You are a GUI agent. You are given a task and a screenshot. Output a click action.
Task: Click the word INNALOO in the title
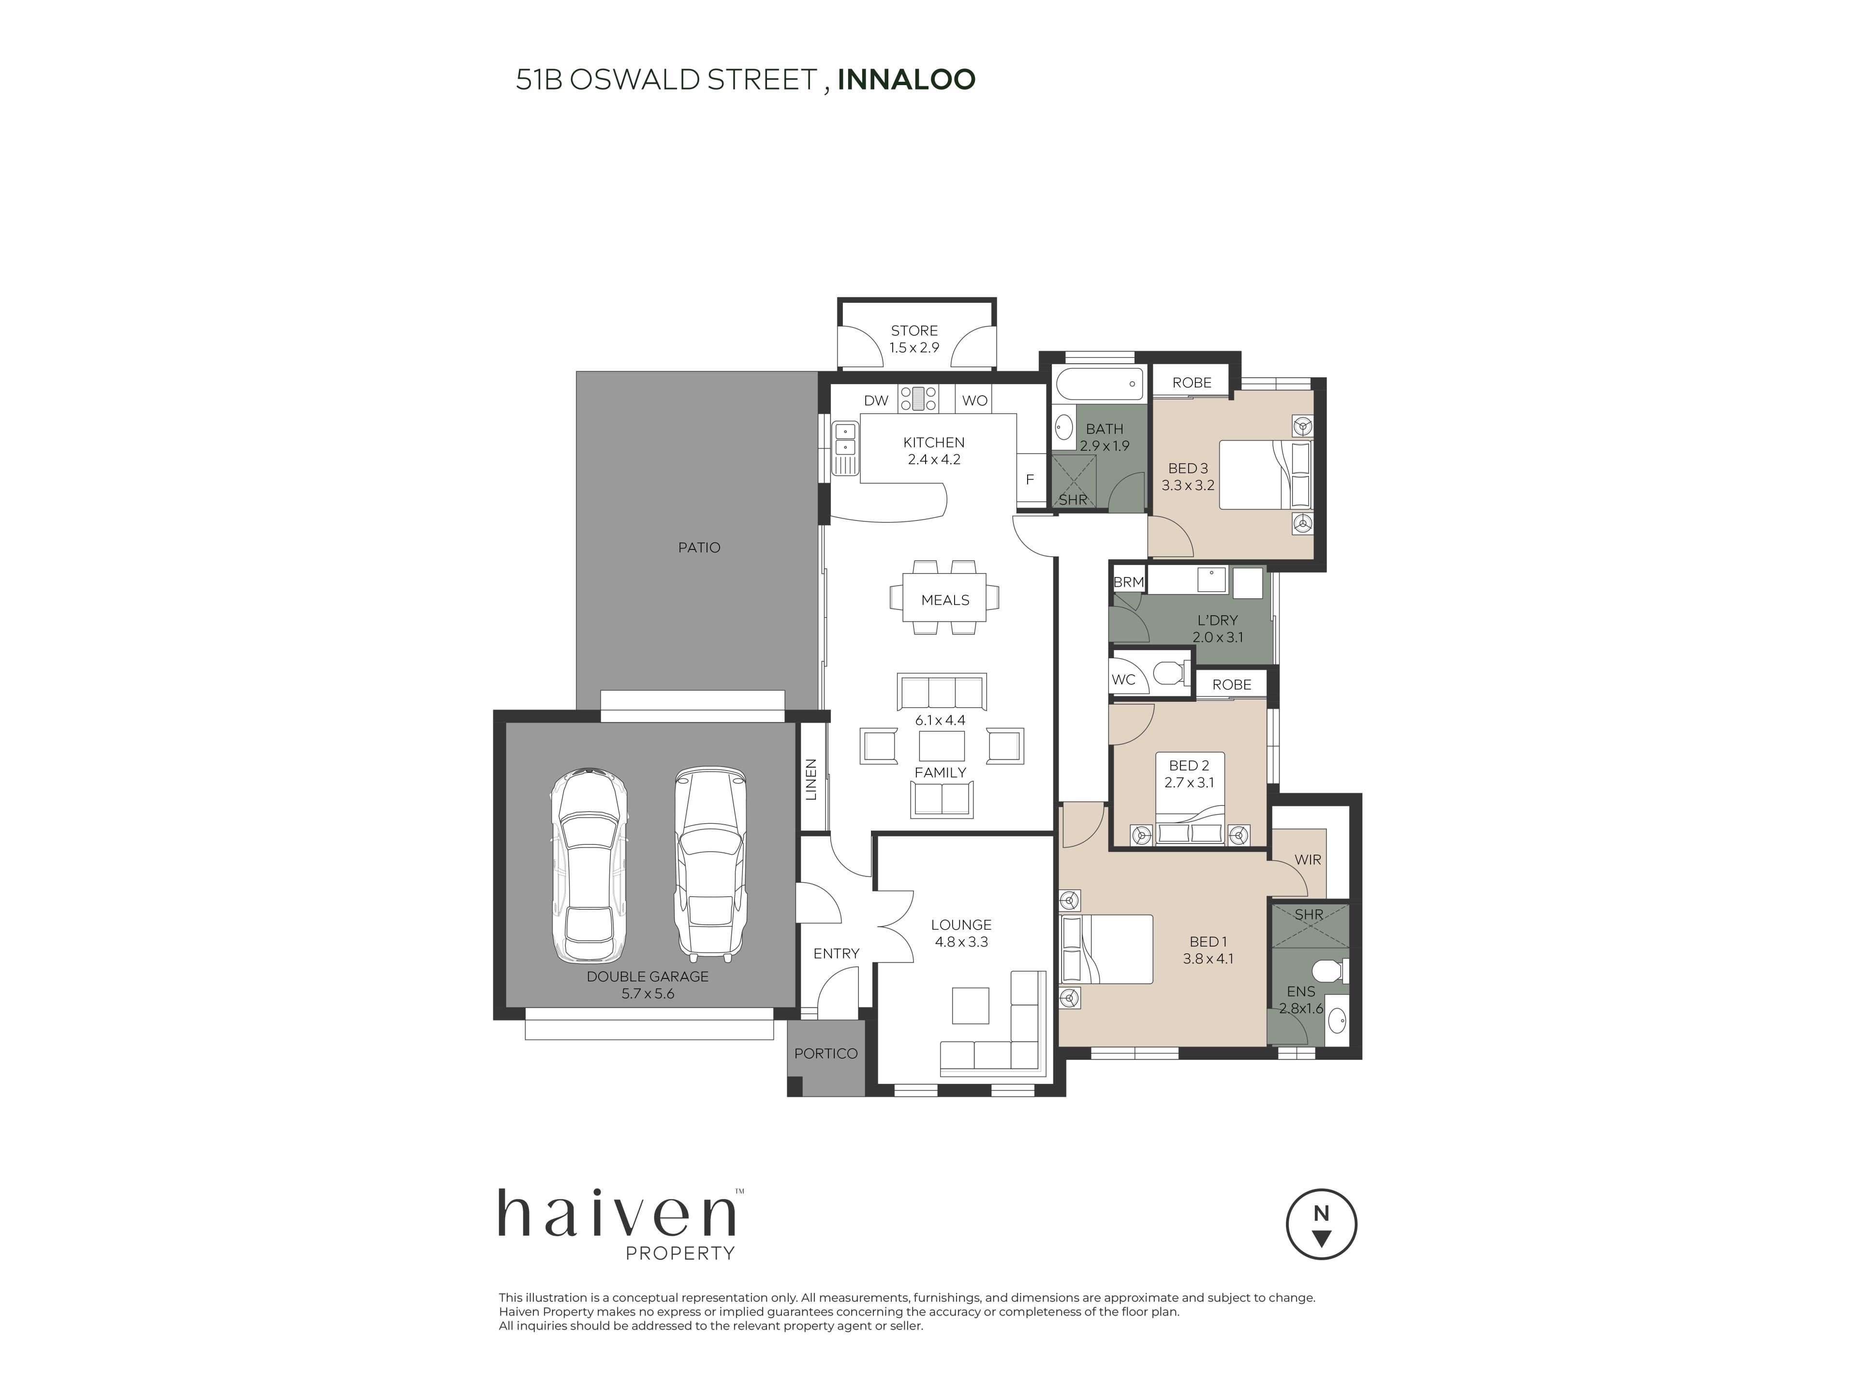[907, 80]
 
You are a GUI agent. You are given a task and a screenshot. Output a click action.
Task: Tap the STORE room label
[914, 331]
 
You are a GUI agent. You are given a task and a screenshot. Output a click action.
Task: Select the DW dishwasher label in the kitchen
[876, 400]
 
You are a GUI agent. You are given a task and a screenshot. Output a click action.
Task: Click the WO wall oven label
[974, 400]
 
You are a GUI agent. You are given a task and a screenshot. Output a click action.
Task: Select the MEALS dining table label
[945, 600]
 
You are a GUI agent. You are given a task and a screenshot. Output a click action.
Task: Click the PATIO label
[699, 548]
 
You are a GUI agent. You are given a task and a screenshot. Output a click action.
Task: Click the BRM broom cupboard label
[1128, 582]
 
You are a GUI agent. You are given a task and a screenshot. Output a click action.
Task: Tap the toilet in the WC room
[1169, 673]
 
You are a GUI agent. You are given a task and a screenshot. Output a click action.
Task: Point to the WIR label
[1308, 860]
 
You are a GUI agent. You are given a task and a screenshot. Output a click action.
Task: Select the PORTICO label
[826, 1054]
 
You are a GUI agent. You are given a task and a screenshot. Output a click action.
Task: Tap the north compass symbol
[1321, 1224]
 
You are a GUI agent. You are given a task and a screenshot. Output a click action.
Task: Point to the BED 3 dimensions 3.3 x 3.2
[1188, 485]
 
